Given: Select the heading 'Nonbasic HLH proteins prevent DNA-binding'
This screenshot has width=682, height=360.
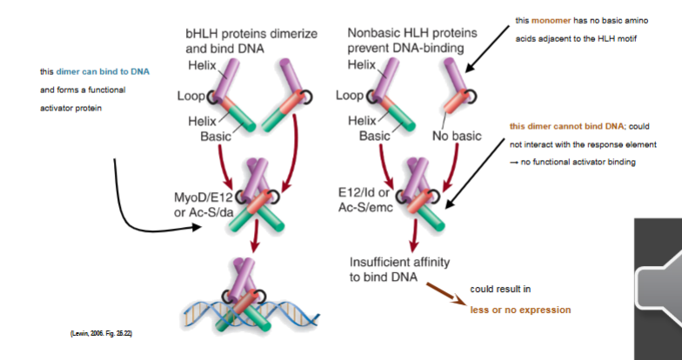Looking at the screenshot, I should click(x=405, y=40).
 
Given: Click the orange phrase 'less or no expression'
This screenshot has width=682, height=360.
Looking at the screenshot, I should click(x=520, y=310).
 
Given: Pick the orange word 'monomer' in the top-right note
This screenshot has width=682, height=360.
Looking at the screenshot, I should click(x=551, y=19).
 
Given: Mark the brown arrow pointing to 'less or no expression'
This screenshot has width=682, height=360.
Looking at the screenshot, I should click(x=443, y=292).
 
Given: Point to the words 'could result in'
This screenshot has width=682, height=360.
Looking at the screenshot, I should click(x=500, y=288).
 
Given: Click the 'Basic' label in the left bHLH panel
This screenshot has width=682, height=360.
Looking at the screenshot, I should click(x=217, y=137).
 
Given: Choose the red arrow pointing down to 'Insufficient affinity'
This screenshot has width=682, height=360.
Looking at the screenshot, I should click(x=415, y=233).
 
